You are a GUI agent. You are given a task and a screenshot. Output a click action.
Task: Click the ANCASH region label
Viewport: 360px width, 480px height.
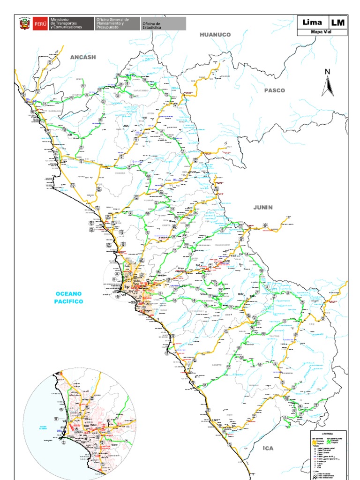83,57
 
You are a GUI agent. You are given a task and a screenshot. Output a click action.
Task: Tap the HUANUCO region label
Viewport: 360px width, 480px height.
215,35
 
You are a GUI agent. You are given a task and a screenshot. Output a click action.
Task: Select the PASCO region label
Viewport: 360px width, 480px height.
274,90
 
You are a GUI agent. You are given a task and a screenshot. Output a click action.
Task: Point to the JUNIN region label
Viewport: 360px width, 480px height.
263,207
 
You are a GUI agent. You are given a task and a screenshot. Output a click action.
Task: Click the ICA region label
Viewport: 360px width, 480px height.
268,449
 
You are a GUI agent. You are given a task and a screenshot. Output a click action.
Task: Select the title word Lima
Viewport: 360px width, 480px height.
313,22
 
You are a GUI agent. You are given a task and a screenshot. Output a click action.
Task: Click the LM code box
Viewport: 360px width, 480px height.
337,22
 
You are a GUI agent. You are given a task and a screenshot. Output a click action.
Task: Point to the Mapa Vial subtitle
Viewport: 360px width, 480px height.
322,32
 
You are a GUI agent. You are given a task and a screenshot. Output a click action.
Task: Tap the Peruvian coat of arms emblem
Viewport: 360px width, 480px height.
24,24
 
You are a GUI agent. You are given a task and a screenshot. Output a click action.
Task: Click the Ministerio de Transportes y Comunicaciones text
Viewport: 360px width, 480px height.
66,24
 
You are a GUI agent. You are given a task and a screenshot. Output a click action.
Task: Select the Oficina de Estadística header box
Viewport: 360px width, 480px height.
163,24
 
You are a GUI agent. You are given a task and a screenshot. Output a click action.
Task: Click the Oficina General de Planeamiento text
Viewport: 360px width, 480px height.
117,24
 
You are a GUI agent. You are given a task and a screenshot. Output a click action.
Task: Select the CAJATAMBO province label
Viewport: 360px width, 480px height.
141,90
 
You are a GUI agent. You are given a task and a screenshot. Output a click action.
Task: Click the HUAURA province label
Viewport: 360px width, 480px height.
120,173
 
